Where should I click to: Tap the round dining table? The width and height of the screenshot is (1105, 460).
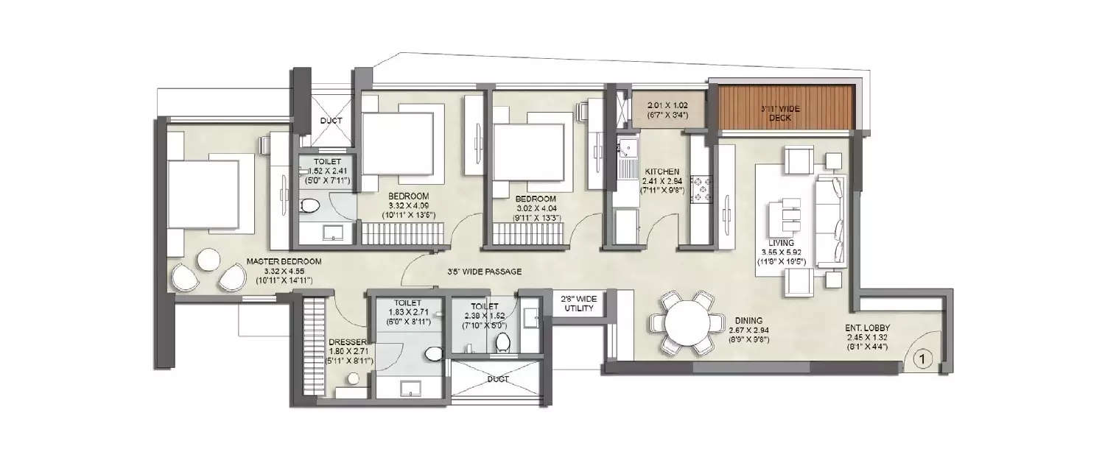[685, 322]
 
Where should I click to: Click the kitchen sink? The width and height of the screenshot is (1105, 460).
[627, 152]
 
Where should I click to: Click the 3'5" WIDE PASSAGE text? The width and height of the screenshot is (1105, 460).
[484, 272]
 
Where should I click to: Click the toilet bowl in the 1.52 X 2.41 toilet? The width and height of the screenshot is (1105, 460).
[309, 206]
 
